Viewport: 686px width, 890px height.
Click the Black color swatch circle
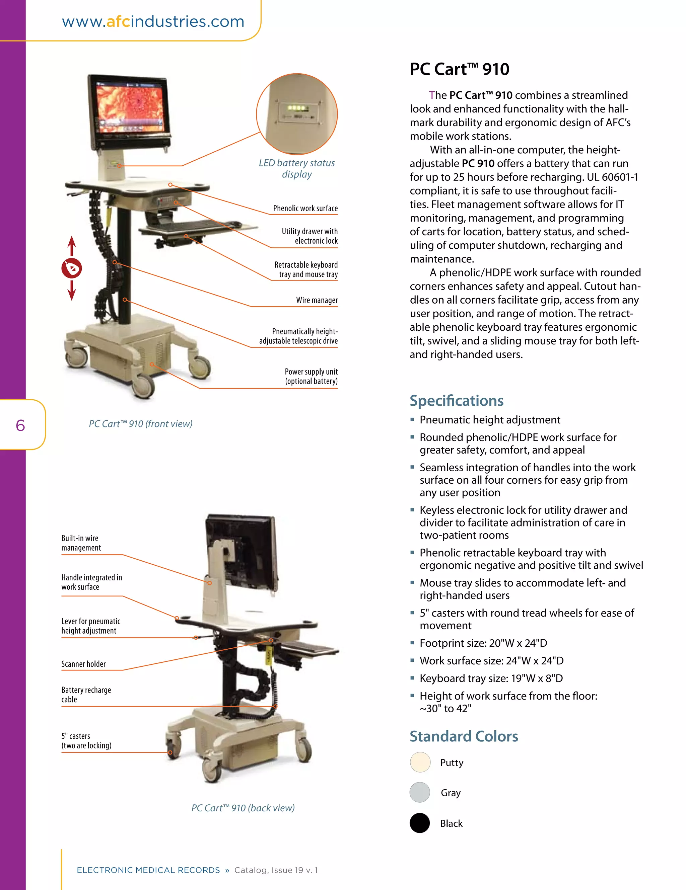(x=420, y=823)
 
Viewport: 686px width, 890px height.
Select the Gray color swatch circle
(x=420, y=793)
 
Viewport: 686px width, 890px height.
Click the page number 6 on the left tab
(x=20, y=425)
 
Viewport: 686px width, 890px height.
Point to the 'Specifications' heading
(x=456, y=401)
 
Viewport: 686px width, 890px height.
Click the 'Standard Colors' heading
(x=464, y=736)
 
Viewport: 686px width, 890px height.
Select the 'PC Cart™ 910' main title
(x=459, y=69)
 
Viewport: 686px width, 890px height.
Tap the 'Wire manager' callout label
(x=317, y=300)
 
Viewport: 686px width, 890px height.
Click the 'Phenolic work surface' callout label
(x=305, y=208)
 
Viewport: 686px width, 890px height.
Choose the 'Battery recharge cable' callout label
(x=86, y=695)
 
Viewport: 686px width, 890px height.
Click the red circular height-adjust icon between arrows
(x=72, y=268)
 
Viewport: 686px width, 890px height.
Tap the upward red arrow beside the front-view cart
(x=72, y=245)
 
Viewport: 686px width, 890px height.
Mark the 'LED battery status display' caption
(x=296, y=168)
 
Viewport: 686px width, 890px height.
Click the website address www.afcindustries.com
(x=153, y=21)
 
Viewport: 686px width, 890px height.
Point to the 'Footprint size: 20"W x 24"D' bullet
(x=483, y=643)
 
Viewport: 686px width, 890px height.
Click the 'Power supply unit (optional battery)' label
(x=311, y=376)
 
